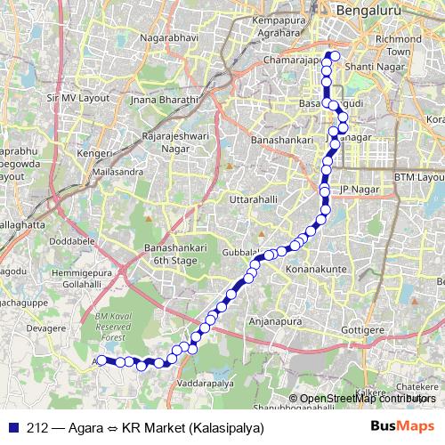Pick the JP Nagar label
coord(360,190)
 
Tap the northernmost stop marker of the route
coord(333,55)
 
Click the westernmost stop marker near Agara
coord(101,360)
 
